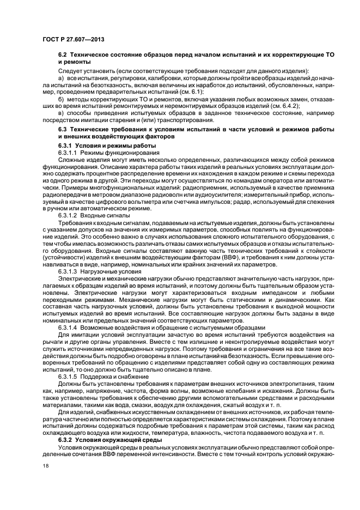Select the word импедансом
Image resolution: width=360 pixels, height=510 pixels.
(272, 286)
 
